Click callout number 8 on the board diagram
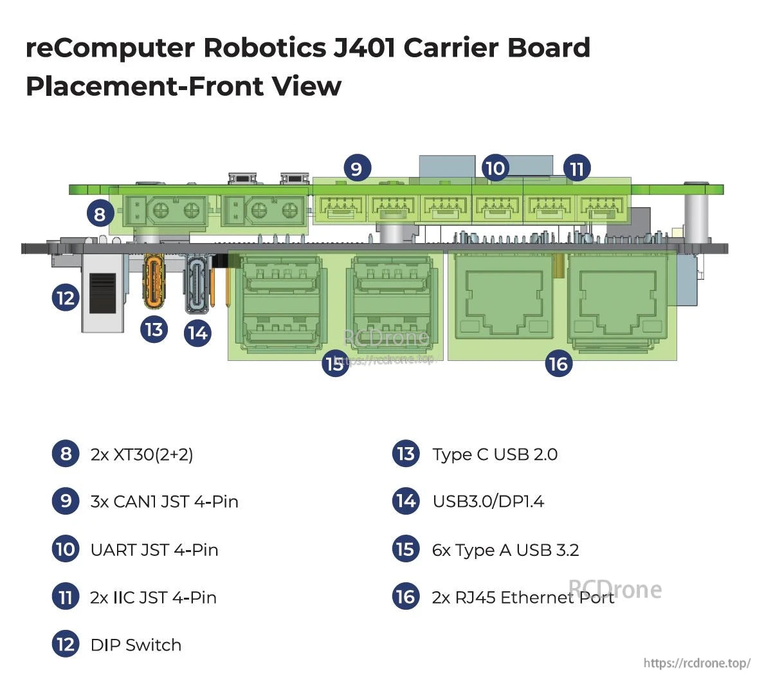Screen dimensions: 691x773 pos(99,213)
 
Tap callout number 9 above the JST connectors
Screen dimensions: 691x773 pos(356,168)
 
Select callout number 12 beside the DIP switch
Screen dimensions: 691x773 pos(65,297)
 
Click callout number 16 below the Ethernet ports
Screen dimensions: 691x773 pos(558,364)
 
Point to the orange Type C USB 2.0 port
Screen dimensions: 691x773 pos(155,281)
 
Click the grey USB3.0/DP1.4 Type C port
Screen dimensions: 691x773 pos(197,284)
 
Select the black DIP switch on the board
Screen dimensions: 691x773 pos(103,293)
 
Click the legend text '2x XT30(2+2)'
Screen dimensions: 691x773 pos(141,454)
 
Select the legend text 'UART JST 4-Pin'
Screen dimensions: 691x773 pos(154,550)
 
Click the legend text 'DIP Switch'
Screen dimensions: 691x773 pos(136,645)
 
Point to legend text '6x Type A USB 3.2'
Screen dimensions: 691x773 pos(505,550)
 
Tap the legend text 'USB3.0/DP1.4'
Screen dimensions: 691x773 pos(488,501)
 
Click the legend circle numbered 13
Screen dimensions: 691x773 pos(406,454)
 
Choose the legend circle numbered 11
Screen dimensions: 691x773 pos(65,597)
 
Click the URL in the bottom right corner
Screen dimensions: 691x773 pos(696,663)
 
